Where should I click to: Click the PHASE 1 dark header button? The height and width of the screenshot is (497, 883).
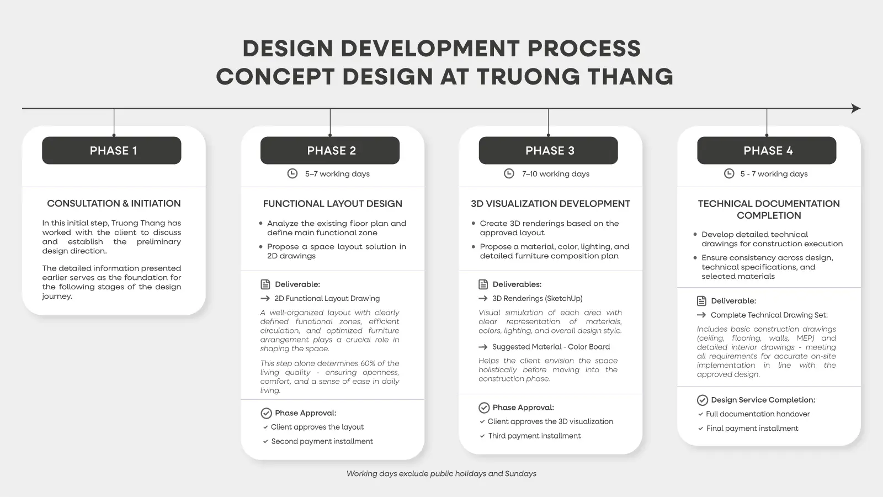(111, 150)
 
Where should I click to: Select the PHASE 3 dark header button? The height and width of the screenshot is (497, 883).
(549, 150)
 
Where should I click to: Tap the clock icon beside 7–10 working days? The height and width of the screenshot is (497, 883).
(509, 173)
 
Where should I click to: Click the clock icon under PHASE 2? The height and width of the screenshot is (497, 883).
(292, 173)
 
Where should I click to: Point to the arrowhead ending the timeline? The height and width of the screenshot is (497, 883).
(856, 108)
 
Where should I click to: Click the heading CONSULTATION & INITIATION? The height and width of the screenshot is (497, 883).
(114, 204)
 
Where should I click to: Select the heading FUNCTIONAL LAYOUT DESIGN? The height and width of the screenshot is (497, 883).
(333, 204)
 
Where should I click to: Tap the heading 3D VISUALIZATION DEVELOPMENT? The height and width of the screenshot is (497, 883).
(550, 204)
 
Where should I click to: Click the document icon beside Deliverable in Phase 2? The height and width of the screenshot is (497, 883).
(265, 284)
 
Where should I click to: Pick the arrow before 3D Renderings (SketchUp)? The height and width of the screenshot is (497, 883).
(483, 299)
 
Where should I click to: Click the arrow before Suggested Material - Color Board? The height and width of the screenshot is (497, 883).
(483, 347)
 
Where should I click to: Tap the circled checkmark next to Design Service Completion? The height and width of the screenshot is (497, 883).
(703, 400)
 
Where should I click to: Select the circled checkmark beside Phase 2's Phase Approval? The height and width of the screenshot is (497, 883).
(267, 413)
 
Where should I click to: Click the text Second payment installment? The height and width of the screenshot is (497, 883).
(322, 441)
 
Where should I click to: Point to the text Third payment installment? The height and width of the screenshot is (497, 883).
(535, 436)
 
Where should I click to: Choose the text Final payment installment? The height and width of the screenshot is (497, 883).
(752, 429)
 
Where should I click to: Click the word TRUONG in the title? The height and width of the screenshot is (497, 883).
(528, 77)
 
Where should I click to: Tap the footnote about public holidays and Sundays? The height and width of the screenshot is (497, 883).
(441, 474)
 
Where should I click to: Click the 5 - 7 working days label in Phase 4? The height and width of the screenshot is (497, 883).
(774, 174)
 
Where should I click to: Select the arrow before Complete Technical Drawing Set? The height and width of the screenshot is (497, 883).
(701, 315)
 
